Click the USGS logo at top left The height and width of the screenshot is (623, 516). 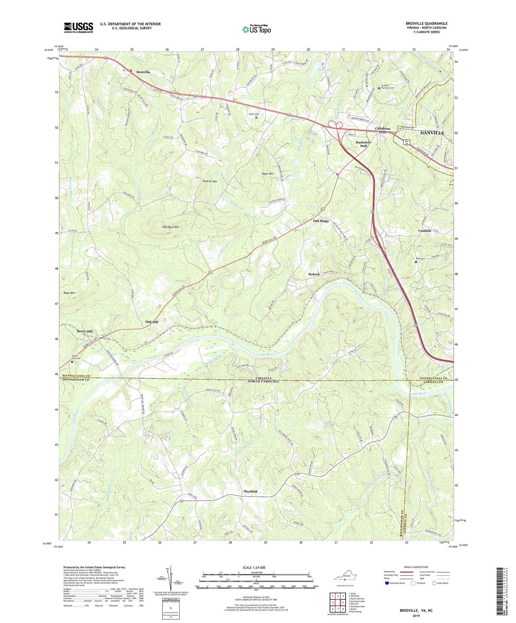tap(79, 27)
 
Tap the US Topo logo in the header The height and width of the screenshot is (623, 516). tap(256, 29)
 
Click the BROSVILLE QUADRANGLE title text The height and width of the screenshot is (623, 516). tap(426, 24)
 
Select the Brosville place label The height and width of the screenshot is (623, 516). tap(143, 72)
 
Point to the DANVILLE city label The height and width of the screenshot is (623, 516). tap(432, 133)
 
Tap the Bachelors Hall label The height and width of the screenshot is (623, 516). tap(364, 144)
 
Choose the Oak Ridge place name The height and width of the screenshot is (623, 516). tap(321, 221)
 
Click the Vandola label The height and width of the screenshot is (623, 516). tap(424, 231)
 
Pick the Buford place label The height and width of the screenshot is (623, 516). tap(314, 274)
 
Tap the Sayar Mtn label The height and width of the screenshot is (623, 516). tap(267, 173)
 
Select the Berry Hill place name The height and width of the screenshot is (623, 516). tap(85, 331)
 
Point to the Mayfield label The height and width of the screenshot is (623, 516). tap(250, 491)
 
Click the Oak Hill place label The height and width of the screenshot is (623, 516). tap(152, 322)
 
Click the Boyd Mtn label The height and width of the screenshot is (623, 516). tap(69, 293)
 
